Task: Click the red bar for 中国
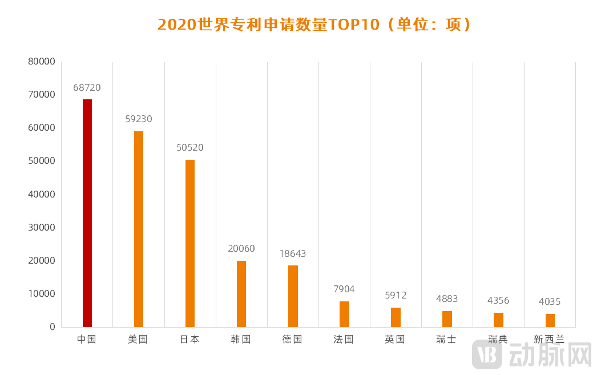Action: [x=87, y=213]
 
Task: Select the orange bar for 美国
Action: [x=139, y=229]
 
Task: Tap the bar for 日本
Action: [x=190, y=243]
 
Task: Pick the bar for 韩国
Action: [x=241, y=293]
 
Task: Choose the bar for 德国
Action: [x=293, y=296]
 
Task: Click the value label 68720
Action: [x=87, y=88]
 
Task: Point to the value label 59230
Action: [x=139, y=119]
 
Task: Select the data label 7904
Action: [x=344, y=289]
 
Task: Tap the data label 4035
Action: [x=550, y=302]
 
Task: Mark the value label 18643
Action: [x=293, y=253]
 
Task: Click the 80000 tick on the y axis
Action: [x=42, y=62]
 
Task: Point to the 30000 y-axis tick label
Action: [x=42, y=227]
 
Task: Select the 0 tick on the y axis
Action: [x=52, y=327]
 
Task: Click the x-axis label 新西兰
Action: [x=549, y=340]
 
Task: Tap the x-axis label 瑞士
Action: [x=446, y=340]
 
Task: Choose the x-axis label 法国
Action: [x=344, y=340]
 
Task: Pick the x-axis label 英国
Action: [x=395, y=340]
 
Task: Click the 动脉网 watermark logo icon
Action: [x=487, y=354]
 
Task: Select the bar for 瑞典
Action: [x=498, y=320]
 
